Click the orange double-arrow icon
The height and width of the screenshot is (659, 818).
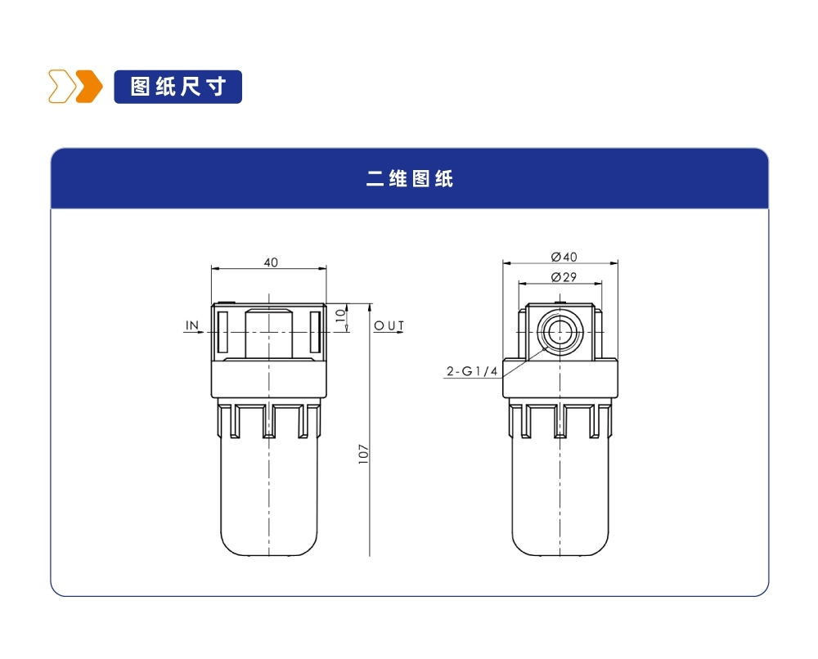point(75,87)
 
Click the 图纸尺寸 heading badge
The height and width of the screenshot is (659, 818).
point(178,87)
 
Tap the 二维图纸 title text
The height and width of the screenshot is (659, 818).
point(409,179)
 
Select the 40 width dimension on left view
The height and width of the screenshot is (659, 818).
point(270,262)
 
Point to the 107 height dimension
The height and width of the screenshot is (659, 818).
point(364,454)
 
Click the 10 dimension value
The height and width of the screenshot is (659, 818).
point(341,314)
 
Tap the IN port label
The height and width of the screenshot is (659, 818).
point(192,325)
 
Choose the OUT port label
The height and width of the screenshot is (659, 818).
point(389,325)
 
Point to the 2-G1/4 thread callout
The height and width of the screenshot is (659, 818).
point(472,372)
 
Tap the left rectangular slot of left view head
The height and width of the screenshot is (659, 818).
point(222,332)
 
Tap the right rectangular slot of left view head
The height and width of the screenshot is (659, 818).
point(316,332)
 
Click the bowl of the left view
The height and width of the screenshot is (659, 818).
point(269,499)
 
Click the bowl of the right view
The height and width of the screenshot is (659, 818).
point(560,499)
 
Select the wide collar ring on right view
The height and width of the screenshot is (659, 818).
point(560,380)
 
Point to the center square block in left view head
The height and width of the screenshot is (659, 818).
point(269,332)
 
